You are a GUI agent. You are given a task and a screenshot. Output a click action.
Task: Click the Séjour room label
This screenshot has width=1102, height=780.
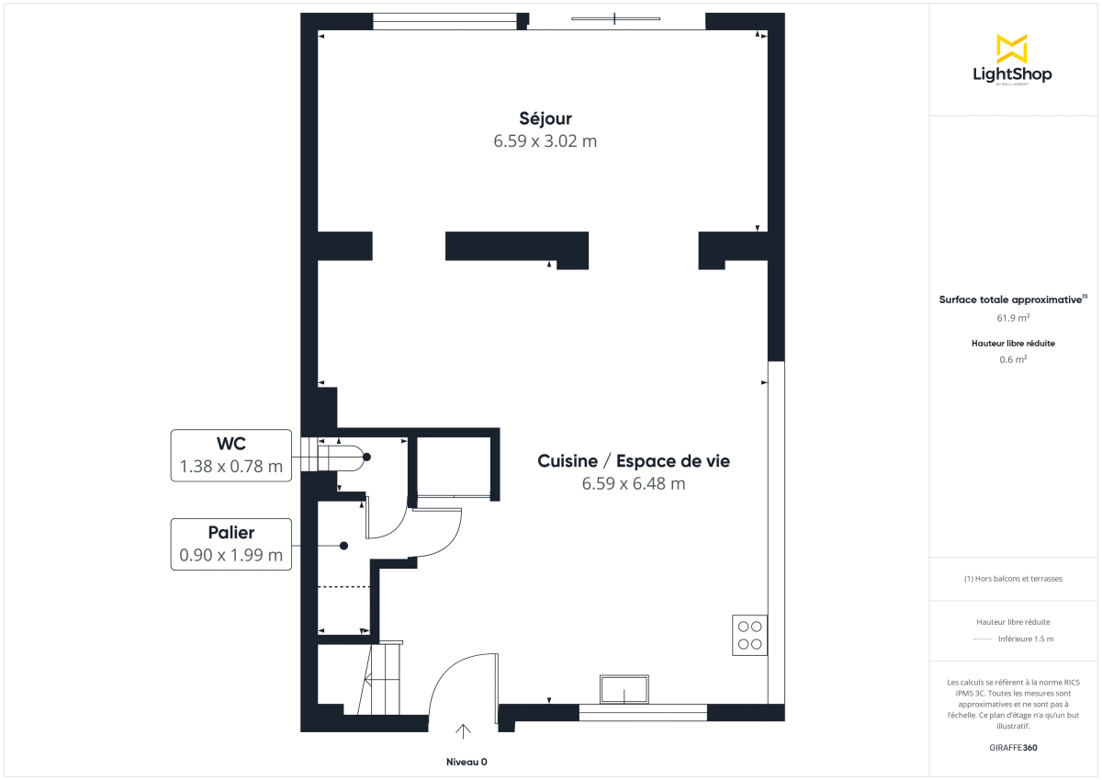pyautogui.click(x=545, y=119)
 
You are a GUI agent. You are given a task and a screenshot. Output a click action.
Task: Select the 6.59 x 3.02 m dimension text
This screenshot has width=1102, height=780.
pyautogui.click(x=545, y=141)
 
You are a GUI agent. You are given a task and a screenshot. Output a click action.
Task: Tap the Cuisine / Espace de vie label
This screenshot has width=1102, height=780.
pyautogui.click(x=634, y=461)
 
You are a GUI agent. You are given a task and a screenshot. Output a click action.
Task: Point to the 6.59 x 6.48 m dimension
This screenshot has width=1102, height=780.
pyautogui.click(x=634, y=484)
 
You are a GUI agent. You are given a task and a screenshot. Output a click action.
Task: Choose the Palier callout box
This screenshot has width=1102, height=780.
pyautogui.click(x=231, y=545)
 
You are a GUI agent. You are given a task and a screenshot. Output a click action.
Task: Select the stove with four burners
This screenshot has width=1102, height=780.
pyautogui.click(x=749, y=634)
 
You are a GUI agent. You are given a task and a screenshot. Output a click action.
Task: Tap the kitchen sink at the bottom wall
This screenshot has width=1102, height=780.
pyautogui.click(x=624, y=688)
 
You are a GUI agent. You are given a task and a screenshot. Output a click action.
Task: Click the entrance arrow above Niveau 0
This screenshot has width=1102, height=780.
pyautogui.click(x=464, y=731)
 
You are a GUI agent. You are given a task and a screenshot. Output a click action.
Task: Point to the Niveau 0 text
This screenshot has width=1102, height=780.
pyautogui.click(x=467, y=763)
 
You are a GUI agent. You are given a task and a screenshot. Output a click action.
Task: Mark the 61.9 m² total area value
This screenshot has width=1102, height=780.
pyautogui.click(x=1013, y=318)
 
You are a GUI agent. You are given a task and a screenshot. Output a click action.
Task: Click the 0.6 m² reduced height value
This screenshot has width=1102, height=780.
pyautogui.click(x=1013, y=359)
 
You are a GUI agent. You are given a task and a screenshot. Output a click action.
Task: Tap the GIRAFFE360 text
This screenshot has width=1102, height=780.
pyautogui.click(x=1013, y=748)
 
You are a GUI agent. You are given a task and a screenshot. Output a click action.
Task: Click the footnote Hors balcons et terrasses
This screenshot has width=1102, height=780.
pyautogui.click(x=1013, y=579)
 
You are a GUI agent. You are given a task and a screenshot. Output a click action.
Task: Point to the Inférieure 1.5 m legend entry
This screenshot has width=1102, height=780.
pyautogui.click(x=1025, y=639)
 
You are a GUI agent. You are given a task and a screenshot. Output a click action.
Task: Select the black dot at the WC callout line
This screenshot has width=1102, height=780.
pyautogui.click(x=366, y=457)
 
